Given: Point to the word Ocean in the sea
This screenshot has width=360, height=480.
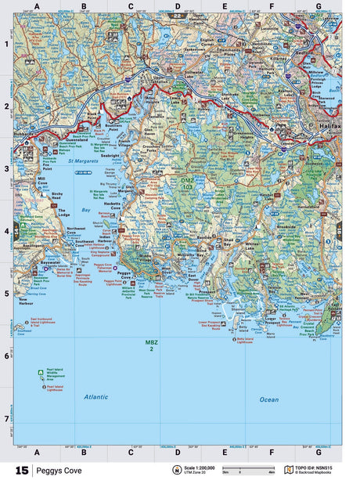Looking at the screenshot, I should [x=268, y=399].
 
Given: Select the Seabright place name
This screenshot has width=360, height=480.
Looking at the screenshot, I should [x=110, y=155].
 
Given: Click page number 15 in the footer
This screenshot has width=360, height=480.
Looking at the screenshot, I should [x=21, y=471].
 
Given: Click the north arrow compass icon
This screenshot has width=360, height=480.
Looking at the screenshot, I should [x=184, y=470].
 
